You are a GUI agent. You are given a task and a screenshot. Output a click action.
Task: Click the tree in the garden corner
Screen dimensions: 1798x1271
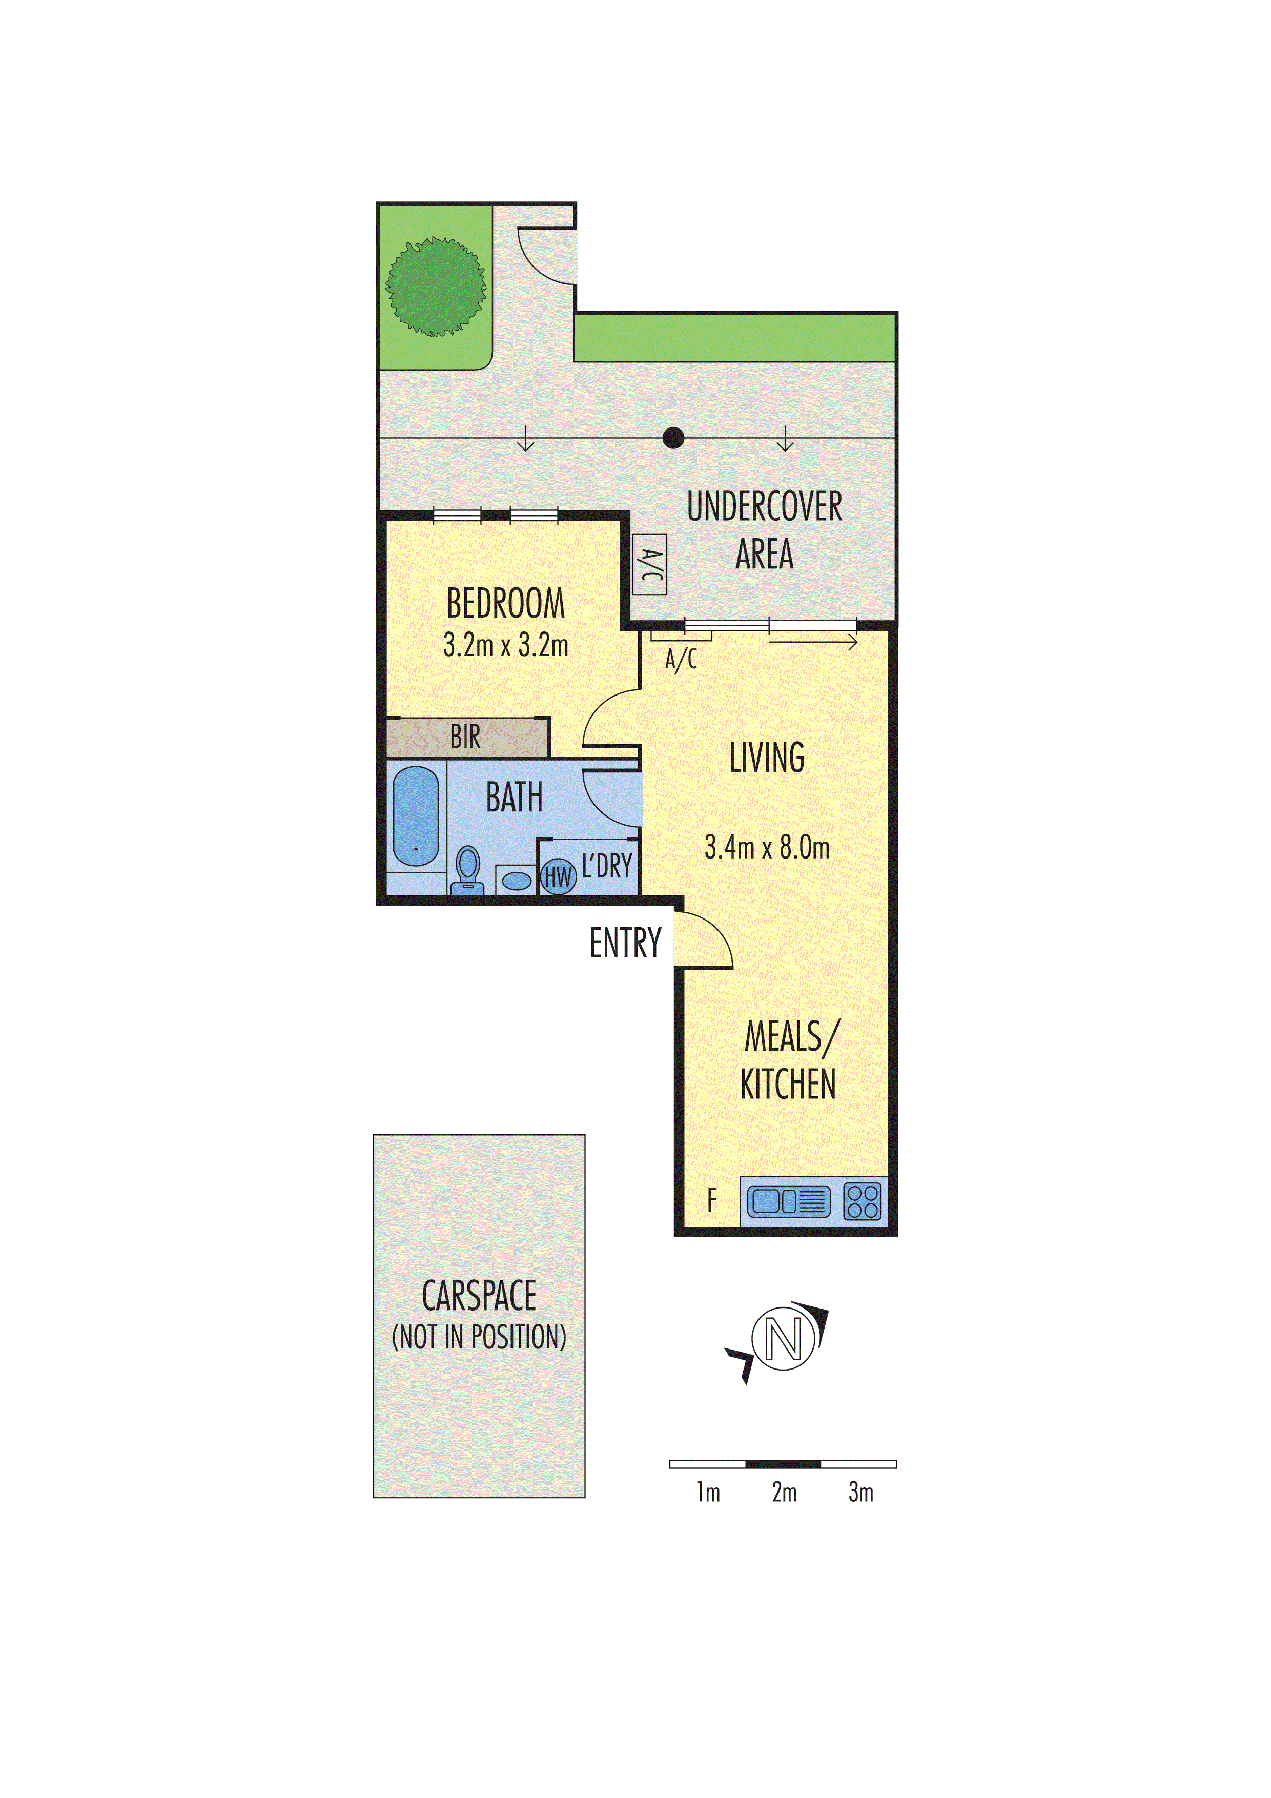(436, 287)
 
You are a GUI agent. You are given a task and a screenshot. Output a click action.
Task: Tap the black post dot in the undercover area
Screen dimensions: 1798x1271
(673, 438)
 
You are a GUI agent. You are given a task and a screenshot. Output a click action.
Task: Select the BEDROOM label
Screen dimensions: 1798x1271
(505, 604)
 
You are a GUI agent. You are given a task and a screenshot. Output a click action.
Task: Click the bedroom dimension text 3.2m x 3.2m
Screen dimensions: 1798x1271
(505, 645)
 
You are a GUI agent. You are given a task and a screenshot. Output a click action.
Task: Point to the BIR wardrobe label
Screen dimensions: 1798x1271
(465, 737)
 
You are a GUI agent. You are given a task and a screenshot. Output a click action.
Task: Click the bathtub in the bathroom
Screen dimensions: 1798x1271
(415, 816)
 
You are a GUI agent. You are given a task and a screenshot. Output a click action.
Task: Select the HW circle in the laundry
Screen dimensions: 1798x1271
(558, 876)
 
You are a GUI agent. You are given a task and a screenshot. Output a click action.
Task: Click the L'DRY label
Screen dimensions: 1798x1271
(607, 866)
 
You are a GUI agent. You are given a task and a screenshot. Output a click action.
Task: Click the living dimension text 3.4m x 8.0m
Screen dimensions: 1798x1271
(767, 847)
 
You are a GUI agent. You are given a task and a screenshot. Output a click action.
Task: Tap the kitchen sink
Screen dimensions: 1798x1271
(788, 1200)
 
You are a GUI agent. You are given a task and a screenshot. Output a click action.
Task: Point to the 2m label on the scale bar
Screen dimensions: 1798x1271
(784, 1492)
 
